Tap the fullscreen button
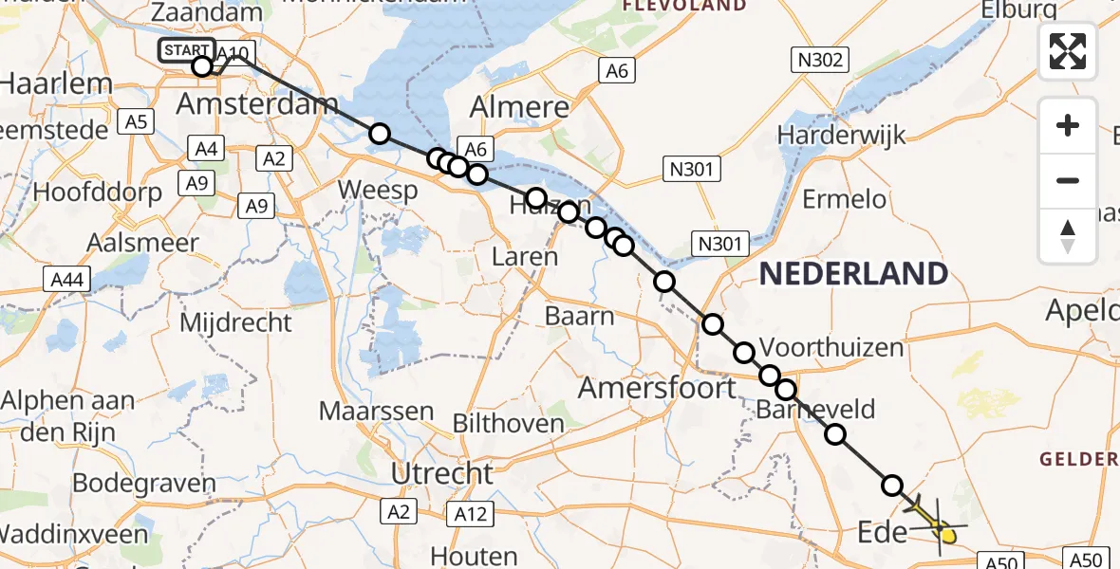pos(1068,51)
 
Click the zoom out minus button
pos(1068,180)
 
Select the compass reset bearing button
pos(1068,235)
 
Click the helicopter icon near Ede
pos(937,523)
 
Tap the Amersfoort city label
pos(657,387)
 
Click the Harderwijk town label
pos(841,136)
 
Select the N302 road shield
pos(821,62)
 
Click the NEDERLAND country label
pos(853,274)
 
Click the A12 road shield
pos(470,513)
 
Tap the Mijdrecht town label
pos(235,322)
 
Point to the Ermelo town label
pos(844,199)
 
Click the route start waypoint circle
pos(202,66)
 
